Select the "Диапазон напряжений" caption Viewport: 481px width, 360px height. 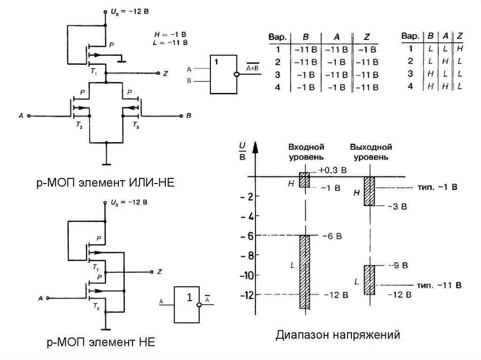tap(338, 335)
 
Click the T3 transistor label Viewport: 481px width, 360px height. tap(135, 125)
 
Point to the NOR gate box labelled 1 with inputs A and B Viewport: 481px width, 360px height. tap(223, 75)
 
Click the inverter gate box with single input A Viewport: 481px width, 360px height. tap(188, 305)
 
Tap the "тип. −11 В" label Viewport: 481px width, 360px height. tap(439, 285)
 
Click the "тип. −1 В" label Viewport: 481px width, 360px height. tap(437, 187)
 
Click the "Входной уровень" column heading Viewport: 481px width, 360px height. tap(306, 152)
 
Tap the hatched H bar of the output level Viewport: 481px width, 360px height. tap(370, 191)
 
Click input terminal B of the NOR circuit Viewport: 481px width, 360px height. tap(181, 115)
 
